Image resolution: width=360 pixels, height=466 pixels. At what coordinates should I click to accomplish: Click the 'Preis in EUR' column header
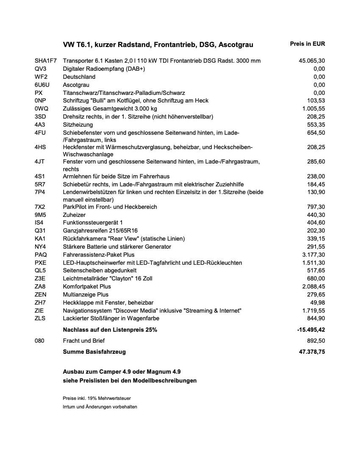pos(307,44)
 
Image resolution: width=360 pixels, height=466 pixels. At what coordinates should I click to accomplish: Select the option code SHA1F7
pos(46,61)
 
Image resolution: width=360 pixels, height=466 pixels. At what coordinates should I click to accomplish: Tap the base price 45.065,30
pos(312,61)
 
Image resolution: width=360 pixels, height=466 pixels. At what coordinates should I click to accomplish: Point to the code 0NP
pos(40,101)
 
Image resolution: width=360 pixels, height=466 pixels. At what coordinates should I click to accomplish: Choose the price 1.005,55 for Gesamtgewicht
pos(313,109)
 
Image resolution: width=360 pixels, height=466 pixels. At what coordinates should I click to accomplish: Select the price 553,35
pos(316,125)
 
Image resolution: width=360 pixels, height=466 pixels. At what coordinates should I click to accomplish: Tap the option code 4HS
pos(40,147)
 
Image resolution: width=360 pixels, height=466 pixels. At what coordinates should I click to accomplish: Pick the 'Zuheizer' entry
pos(74,215)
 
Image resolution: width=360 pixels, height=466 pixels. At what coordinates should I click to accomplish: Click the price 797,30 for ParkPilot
pos(316,207)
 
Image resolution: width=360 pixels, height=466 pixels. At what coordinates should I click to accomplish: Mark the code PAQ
pos(41,255)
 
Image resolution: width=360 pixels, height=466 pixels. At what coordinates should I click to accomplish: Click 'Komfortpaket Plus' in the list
pos(87,286)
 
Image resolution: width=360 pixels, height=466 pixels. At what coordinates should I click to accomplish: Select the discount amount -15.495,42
pos(311,330)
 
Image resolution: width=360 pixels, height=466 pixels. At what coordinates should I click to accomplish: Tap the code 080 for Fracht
pos(40,341)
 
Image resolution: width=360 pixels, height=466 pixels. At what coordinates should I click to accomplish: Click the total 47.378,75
pos(312,352)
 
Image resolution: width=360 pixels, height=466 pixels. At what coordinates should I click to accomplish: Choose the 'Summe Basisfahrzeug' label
pos(94,352)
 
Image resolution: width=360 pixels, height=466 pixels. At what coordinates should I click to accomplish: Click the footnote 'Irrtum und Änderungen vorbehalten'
pos(100,407)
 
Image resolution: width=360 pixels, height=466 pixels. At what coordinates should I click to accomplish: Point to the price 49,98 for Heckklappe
pos(318,302)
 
